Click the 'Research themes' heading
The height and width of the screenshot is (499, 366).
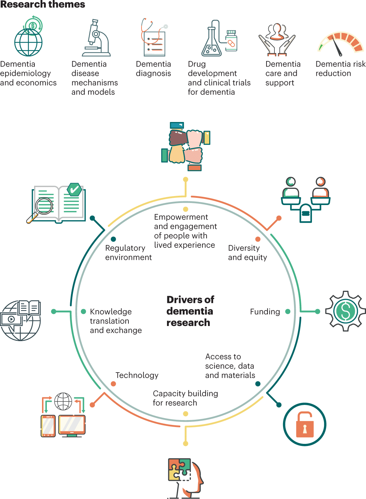[43, 4]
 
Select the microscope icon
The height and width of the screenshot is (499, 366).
[96, 38]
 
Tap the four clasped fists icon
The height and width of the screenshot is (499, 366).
[186, 146]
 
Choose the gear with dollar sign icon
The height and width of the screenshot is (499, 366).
[346, 311]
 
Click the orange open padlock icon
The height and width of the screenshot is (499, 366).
[304, 424]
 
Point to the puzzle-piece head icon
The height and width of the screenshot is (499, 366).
[185, 478]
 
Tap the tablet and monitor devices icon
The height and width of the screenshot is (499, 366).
[63, 416]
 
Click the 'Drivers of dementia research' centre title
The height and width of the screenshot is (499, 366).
[190, 311]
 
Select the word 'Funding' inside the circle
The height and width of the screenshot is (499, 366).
[265, 312]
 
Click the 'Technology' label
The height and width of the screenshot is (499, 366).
[137, 375]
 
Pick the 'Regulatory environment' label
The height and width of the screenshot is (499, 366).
[128, 253]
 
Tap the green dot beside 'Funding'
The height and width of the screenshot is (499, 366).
[288, 312]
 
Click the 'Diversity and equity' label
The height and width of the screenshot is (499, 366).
[247, 253]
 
